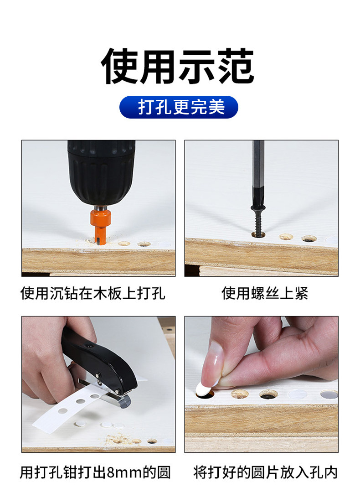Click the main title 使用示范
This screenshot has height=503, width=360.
click(x=178, y=67)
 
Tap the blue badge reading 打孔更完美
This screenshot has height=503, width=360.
click(x=179, y=107)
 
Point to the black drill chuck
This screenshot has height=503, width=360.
click(x=101, y=171)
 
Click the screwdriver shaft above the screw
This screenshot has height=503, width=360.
click(x=258, y=173)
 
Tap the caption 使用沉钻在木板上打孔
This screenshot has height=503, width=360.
click(x=93, y=293)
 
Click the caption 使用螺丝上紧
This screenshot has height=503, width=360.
click(x=265, y=293)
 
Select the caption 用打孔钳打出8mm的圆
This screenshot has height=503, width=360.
click(x=95, y=472)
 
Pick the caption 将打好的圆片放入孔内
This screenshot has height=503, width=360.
click(x=265, y=472)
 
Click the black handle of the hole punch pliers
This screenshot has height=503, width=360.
click(x=99, y=359)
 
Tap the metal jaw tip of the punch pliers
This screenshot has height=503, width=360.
click(x=123, y=401)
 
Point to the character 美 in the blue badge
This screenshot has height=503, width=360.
click(x=216, y=107)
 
